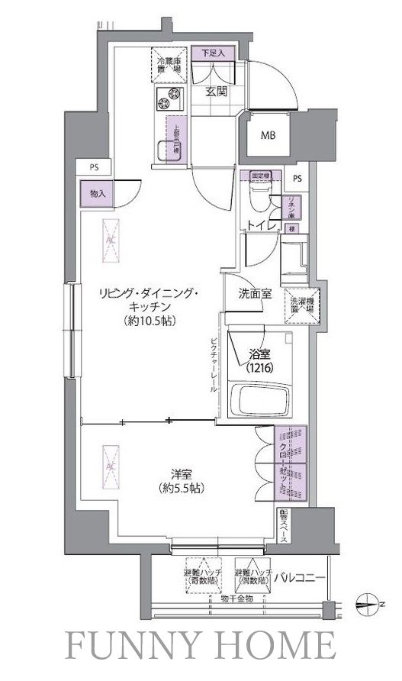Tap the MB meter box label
click(x=269, y=136)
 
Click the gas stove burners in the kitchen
click(x=171, y=99)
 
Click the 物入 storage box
click(x=97, y=194)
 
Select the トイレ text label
click(x=259, y=226)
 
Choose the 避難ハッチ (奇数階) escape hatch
click(x=200, y=579)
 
